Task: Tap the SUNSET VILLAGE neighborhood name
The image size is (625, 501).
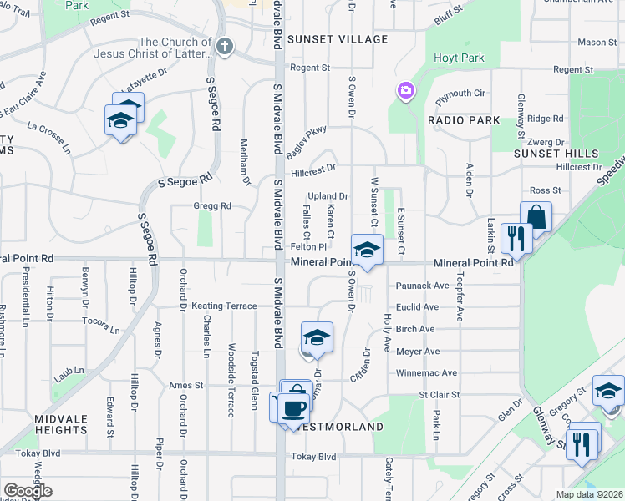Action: coord(338,39)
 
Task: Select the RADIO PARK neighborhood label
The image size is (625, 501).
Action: coord(464,120)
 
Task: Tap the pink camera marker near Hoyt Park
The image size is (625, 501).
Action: coord(406,90)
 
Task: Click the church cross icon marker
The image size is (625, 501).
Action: coord(223,48)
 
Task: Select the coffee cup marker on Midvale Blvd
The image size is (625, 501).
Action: coord(292,407)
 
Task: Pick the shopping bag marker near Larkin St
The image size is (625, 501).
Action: coord(536,218)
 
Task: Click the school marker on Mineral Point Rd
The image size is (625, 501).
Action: coord(366,250)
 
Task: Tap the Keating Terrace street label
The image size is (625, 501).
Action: coord(224,306)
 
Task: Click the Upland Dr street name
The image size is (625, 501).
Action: coord(328,195)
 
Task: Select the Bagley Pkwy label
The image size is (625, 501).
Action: coord(307,139)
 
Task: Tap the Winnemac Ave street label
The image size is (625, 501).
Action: coord(426,373)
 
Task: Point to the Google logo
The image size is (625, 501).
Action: coord(28,491)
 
